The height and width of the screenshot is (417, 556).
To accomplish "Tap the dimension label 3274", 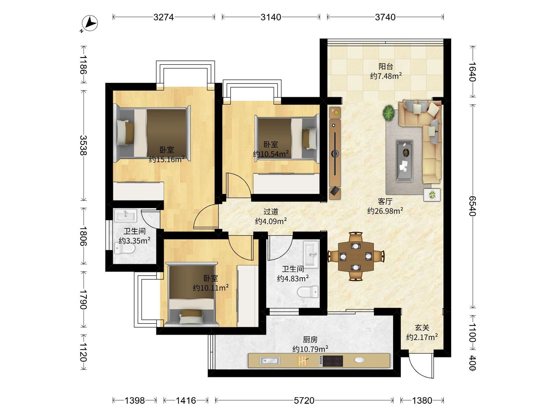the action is pyautogui.click(x=164, y=17).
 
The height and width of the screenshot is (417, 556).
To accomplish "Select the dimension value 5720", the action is pyautogui.click(x=304, y=400).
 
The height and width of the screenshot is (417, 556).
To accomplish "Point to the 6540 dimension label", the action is pyautogui.click(x=473, y=206).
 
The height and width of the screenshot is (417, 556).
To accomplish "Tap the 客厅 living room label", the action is pyautogui.click(x=385, y=201).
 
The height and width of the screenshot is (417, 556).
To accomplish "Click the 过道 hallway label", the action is pyautogui.click(x=271, y=212).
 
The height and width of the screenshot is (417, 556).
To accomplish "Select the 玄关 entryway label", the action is pyautogui.click(x=422, y=328).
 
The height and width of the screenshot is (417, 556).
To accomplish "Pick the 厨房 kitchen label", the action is pyautogui.click(x=310, y=340).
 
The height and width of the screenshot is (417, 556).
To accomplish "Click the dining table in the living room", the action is pyautogui.click(x=356, y=257).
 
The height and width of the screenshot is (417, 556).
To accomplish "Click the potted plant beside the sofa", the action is pyautogui.click(x=389, y=113).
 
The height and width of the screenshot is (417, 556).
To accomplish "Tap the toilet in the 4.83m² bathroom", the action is pyautogui.click(x=308, y=292).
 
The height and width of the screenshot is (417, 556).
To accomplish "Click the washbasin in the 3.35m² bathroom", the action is pyautogui.click(x=126, y=215).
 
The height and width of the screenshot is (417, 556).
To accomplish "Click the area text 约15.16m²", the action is pyautogui.click(x=167, y=159).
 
